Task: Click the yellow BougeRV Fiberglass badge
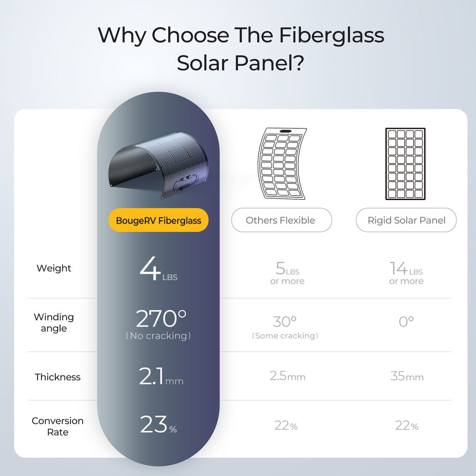tap(158, 220)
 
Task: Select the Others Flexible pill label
tap(281, 220)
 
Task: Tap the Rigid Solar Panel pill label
tap(406, 220)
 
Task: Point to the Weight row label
tap(54, 268)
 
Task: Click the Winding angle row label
tap(54, 323)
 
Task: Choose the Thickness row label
tap(57, 377)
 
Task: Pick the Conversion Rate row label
tap(57, 426)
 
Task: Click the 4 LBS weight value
tap(159, 269)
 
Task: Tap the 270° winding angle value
tap(161, 319)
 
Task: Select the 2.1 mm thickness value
tap(161, 376)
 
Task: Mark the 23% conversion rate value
tap(158, 424)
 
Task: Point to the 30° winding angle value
tap(285, 322)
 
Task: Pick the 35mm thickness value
tap(407, 376)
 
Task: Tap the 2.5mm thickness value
tap(287, 376)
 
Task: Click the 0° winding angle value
tap(406, 322)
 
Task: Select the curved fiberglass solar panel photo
tap(159, 165)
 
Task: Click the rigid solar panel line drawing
tap(405, 164)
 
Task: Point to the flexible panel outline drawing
tap(282, 164)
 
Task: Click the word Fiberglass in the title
tap(331, 36)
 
